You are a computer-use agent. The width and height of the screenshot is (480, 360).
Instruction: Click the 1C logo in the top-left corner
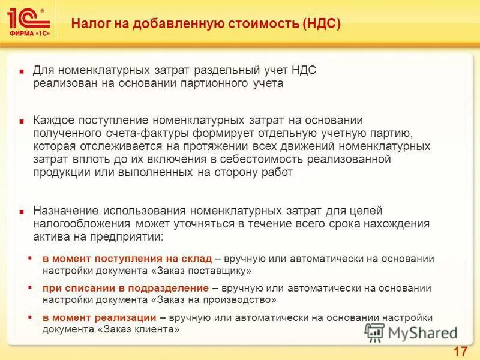click(27, 18)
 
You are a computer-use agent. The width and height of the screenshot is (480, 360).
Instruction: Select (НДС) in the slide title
click(322, 24)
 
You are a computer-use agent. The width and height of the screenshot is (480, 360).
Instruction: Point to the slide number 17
click(460, 351)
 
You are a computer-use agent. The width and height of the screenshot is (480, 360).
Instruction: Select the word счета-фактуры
click(143, 133)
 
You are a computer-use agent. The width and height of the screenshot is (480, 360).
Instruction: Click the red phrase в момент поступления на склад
click(127, 259)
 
